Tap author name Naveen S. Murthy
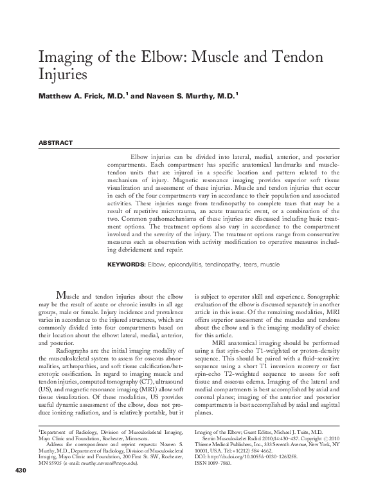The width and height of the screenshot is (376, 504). point(195,97)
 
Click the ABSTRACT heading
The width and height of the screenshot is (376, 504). point(56,143)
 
